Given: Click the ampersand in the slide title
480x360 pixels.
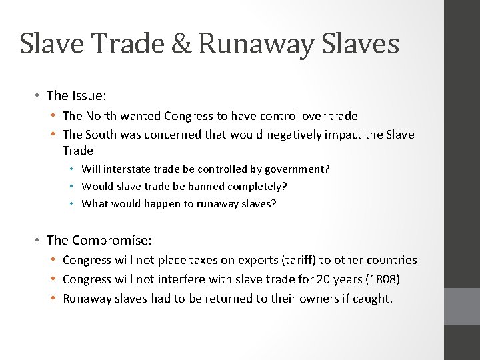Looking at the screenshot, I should click(x=181, y=44).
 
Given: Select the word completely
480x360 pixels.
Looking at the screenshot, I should click(x=257, y=186).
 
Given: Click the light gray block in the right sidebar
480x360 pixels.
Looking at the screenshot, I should click(x=462, y=307).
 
